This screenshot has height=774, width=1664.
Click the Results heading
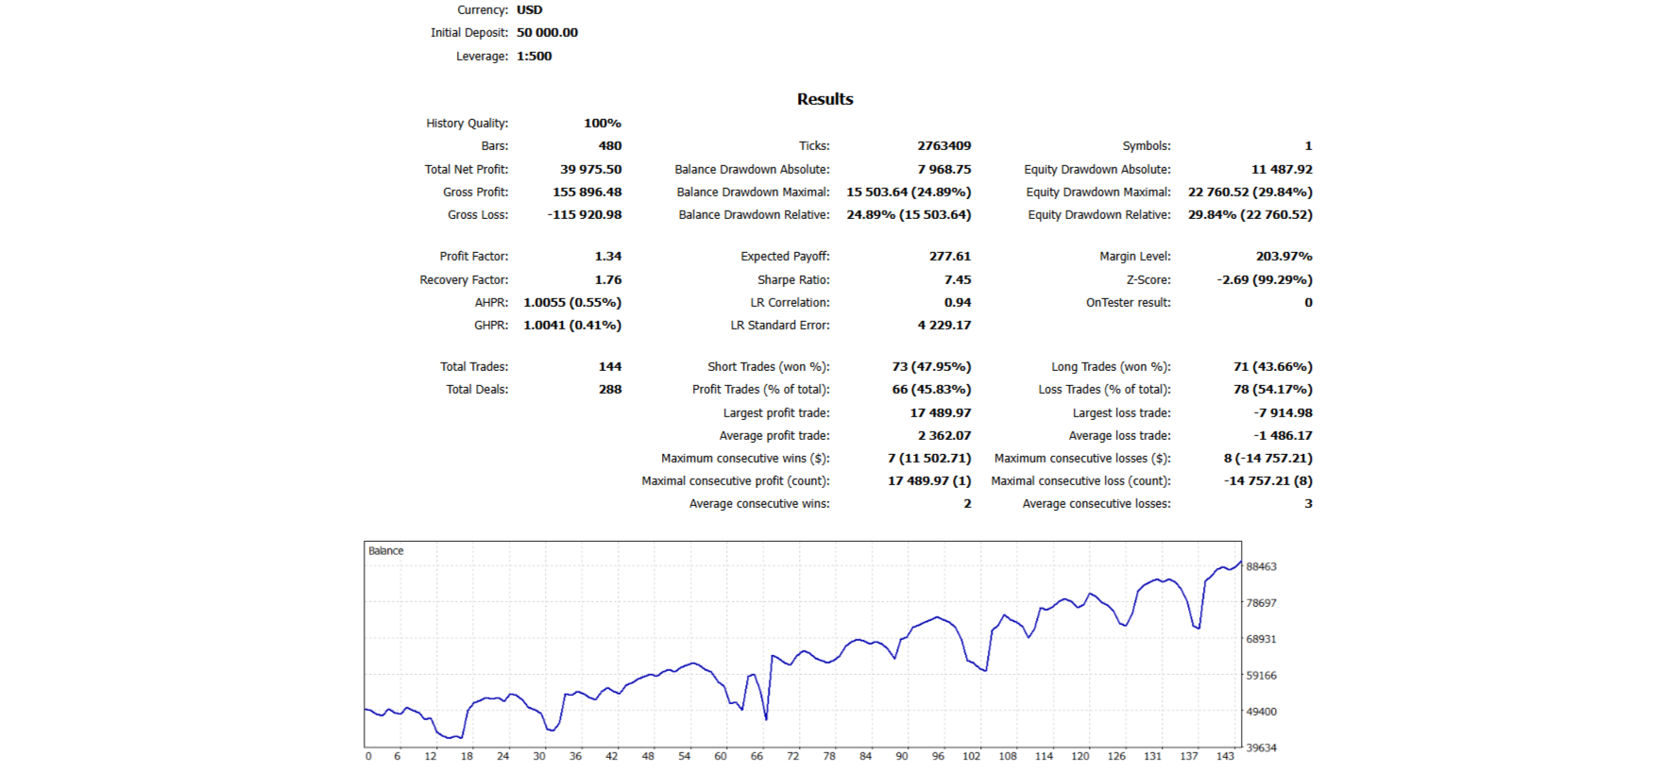click(824, 99)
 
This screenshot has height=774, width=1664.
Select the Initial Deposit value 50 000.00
click(547, 32)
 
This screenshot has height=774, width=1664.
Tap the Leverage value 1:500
click(534, 56)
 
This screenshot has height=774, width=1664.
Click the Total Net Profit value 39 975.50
click(590, 169)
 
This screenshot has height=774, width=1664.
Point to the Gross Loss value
click(585, 214)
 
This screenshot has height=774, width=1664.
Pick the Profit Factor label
click(473, 256)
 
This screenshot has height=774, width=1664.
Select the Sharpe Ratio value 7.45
click(957, 279)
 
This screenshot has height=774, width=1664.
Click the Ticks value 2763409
click(943, 145)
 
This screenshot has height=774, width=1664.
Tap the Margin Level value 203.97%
click(1283, 256)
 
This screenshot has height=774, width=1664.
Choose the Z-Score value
click(1265, 279)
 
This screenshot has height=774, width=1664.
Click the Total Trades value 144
click(609, 366)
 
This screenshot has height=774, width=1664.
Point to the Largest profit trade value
click(940, 412)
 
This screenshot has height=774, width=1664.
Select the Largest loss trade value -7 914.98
click(1282, 412)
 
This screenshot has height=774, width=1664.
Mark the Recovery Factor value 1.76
click(607, 279)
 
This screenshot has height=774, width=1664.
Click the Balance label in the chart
click(385, 550)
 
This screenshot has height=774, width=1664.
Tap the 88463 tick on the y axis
click(1261, 566)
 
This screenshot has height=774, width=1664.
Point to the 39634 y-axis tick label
click(1261, 748)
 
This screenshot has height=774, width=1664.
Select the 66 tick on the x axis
click(756, 756)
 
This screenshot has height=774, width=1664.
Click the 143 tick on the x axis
click(1225, 756)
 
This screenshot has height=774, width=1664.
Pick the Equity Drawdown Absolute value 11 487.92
click(1282, 169)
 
